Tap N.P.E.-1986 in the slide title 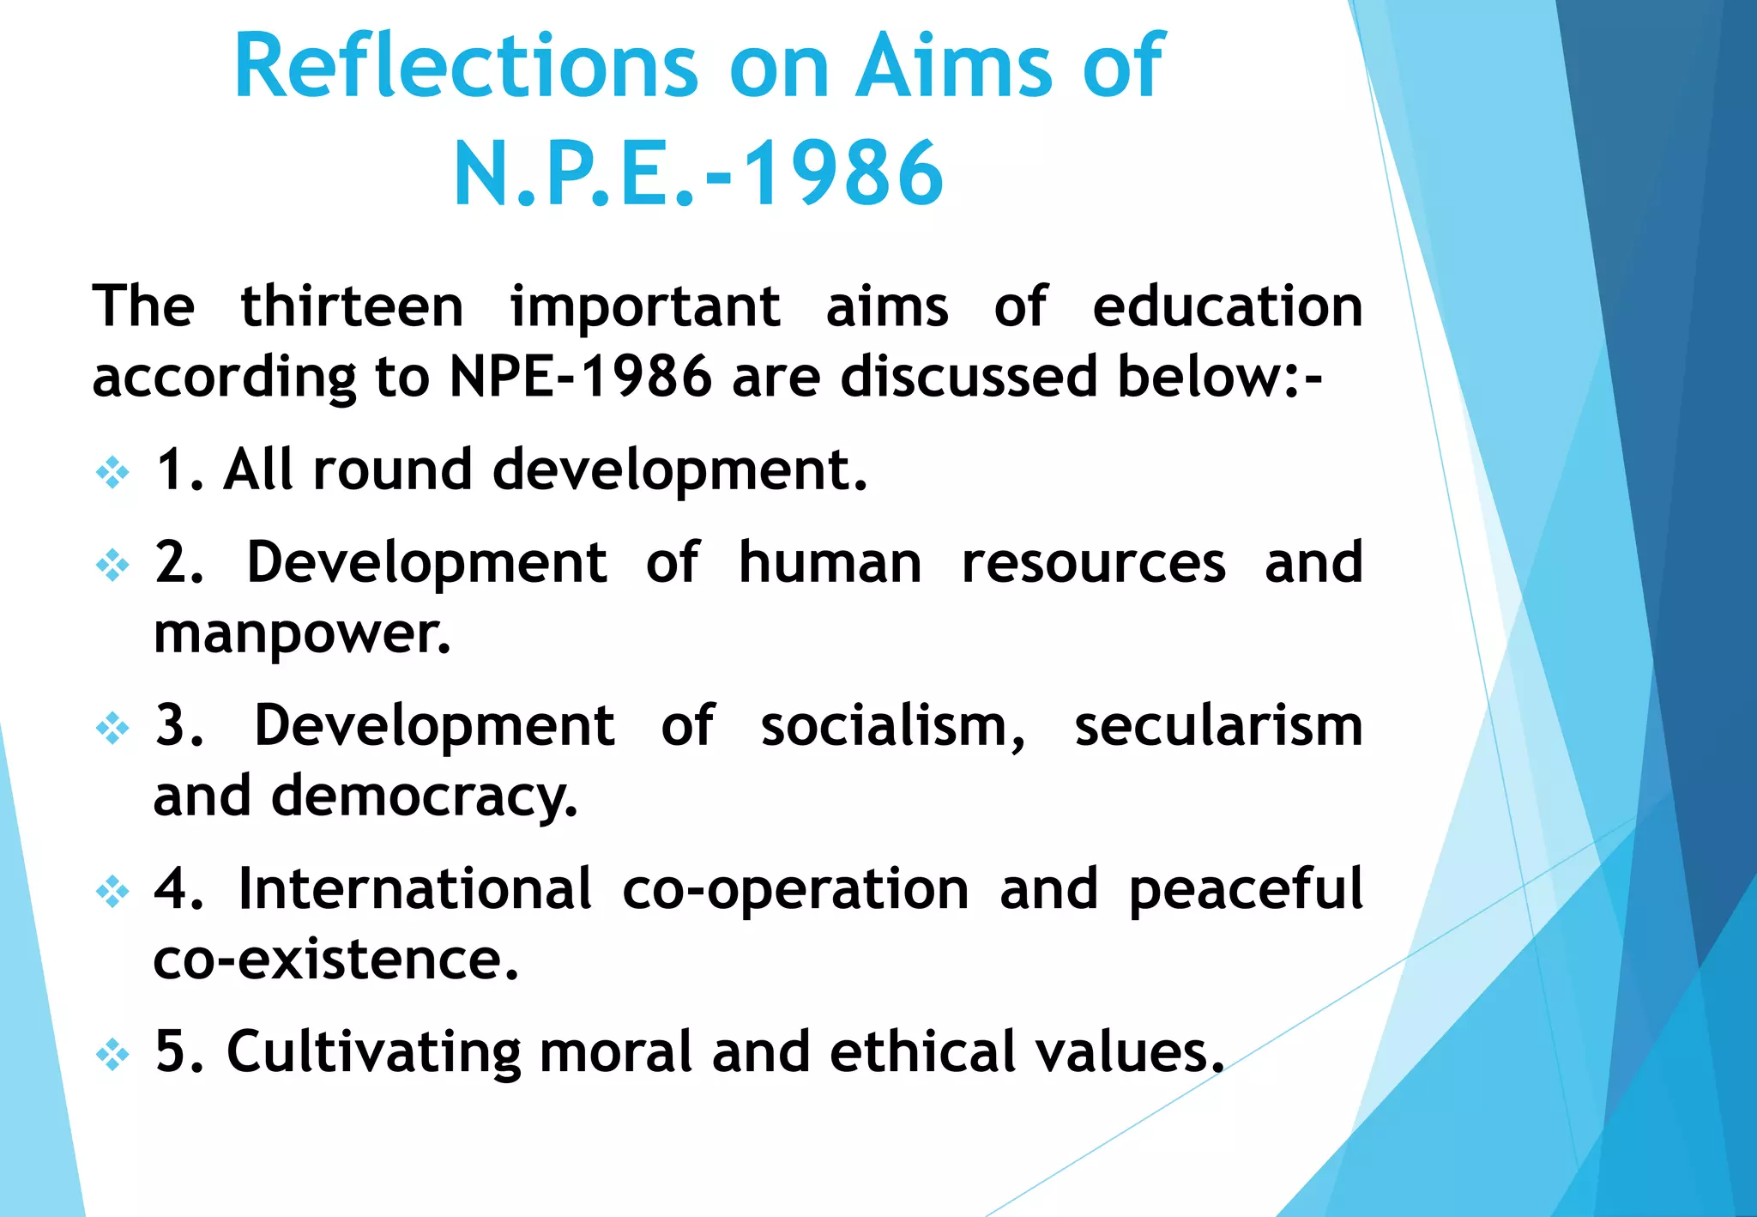point(698,174)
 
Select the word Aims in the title point(953,67)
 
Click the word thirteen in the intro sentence point(352,306)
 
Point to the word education point(1227,306)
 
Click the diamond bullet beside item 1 point(112,472)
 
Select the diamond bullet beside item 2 point(112,565)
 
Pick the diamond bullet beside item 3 point(112,729)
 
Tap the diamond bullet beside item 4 point(112,891)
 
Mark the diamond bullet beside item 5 point(112,1054)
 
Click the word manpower point(302,635)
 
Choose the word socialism point(892,726)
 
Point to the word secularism point(1218,726)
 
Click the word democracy point(425,797)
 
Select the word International point(415,888)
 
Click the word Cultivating point(373,1052)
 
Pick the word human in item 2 point(830,563)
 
